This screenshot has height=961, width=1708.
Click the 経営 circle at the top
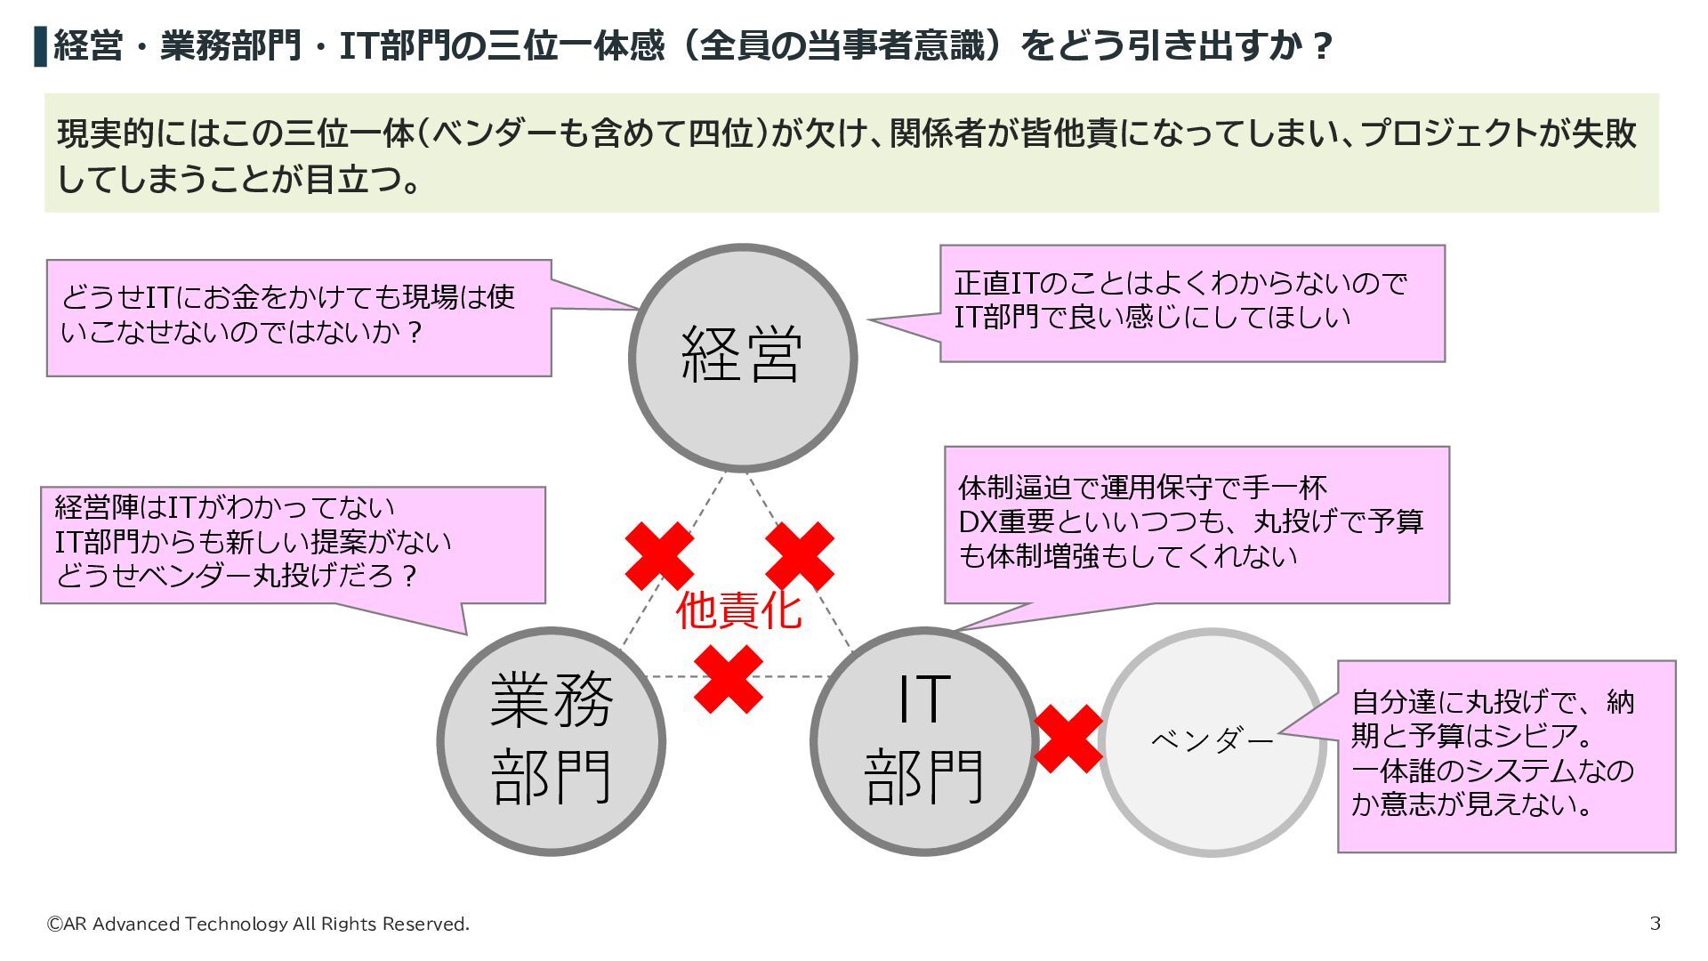pyautogui.click(x=742, y=357)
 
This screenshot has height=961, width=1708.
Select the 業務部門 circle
pyautogui.click(x=552, y=740)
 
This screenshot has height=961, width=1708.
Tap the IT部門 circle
pyautogui.click(x=923, y=740)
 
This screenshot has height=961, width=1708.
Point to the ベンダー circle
pyautogui.click(x=1212, y=741)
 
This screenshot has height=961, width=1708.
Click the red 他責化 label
pyautogui.click(x=738, y=610)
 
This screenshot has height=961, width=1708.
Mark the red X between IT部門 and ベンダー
pyautogui.click(x=1068, y=739)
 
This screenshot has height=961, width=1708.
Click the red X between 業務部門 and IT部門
pyautogui.click(x=729, y=679)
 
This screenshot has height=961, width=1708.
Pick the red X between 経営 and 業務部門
pyautogui.click(x=659, y=556)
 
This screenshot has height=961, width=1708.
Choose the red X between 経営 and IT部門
pyautogui.click(x=800, y=556)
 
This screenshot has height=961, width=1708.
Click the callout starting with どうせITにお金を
pyautogui.click(x=299, y=317)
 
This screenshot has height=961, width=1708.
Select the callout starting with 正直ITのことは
pyautogui.click(x=1192, y=303)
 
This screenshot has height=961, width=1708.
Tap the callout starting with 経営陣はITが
pyautogui.click(x=293, y=544)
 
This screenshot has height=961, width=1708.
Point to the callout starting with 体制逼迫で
pyautogui.click(x=1196, y=524)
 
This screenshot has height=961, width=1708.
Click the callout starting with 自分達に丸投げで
pyautogui.click(x=1506, y=755)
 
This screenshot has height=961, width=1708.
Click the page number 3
pyautogui.click(x=1655, y=923)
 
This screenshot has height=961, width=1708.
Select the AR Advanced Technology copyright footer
pyautogui.click(x=258, y=924)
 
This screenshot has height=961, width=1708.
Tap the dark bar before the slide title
pyautogui.click(x=40, y=46)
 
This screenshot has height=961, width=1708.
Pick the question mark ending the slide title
pyautogui.click(x=1322, y=45)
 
